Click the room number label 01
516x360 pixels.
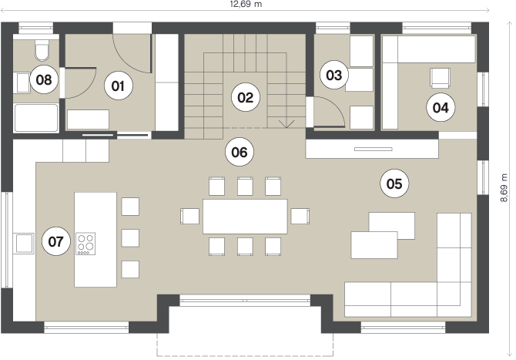(x=118, y=86)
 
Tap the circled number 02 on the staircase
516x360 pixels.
(x=246, y=97)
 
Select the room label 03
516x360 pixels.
(x=334, y=75)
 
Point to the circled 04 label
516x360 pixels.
(x=441, y=107)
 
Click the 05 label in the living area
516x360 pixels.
(x=394, y=183)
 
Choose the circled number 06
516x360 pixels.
(x=240, y=152)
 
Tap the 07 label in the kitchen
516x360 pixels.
(x=56, y=241)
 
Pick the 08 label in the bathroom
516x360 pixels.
(x=44, y=79)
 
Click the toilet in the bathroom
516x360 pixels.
(x=42, y=50)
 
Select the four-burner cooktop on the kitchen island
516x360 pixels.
(x=86, y=244)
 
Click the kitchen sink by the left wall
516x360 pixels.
(x=25, y=243)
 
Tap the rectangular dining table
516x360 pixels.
(x=245, y=217)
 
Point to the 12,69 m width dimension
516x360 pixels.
(x=246, y=4)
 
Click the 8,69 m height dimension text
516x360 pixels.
(x=504, y=188)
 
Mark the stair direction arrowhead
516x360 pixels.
(x=286, y=124)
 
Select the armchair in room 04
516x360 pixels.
(x=441, y=78)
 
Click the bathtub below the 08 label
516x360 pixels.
(x=36, y=118)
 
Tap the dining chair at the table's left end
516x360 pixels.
(x=190, y=217)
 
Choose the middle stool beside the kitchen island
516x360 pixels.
(x=130, y=237)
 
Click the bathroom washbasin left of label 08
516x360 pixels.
(x=23, y=83)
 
